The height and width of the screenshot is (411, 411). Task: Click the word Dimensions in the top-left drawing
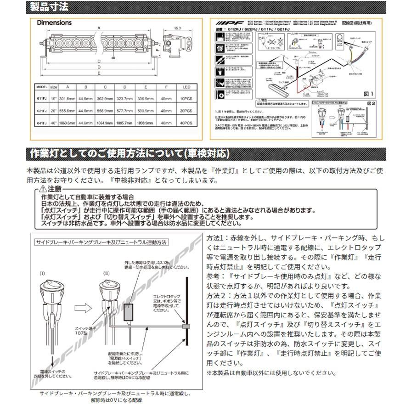54,23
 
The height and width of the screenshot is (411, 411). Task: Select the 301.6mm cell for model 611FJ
68,98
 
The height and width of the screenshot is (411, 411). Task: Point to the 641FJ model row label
41,123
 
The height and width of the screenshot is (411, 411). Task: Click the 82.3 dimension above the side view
180,28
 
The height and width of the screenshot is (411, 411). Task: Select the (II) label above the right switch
107,273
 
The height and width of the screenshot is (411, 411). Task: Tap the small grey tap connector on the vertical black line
186,327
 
